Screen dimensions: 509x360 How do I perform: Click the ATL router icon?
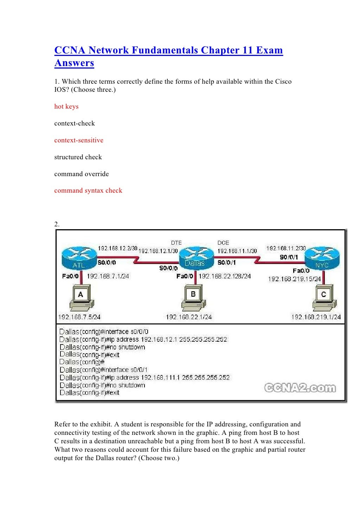point(78,258)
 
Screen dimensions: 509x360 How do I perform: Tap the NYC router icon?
point(321,258)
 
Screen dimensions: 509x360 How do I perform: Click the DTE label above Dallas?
point(176,243)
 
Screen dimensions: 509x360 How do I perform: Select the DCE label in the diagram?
point(223,243)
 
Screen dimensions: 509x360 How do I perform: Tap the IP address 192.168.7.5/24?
point(79,317)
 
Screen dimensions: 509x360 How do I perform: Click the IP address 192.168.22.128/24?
point(225,276)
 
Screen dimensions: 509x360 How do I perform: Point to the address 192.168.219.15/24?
point(294,279)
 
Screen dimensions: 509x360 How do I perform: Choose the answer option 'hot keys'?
point(66,107)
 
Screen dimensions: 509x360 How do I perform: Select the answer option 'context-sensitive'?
point(79,140)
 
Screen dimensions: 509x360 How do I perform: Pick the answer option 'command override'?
point(82,174)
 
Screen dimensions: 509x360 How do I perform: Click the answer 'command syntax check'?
point(88,191)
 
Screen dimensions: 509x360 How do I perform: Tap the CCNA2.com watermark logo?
point(300,388)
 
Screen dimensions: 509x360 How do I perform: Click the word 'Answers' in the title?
point(74,63)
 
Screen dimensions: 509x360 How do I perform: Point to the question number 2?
point(57,224)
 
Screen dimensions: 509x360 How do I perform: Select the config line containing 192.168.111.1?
point(144,378)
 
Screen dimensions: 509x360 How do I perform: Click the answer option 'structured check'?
point(78,157)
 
